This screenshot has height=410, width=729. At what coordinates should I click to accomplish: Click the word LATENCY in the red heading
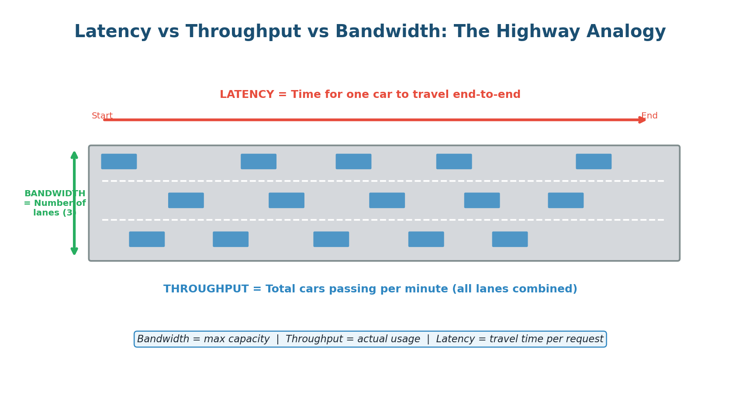point(246,95)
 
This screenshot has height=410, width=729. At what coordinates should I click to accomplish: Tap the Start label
point(102,116)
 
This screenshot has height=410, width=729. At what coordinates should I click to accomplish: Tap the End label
point(649,116)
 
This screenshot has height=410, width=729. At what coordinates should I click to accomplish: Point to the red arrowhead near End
point(643,120)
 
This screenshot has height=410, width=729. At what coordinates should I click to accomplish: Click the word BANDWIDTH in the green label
point(55,194)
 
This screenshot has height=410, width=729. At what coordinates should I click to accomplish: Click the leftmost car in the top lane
point(119,161)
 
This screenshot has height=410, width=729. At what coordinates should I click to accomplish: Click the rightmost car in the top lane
point(593,161)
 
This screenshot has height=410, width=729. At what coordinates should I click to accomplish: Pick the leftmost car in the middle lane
point(186,200)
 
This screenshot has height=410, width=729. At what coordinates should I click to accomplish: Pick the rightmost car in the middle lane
point(565,200)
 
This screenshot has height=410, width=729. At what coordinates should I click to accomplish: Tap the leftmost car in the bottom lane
point(147,239)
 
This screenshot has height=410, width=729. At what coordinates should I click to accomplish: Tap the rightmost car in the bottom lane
point(510,239)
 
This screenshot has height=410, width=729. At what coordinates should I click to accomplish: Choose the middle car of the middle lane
point(387,200)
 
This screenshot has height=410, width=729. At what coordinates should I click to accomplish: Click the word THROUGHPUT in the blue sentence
point(206,289)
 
